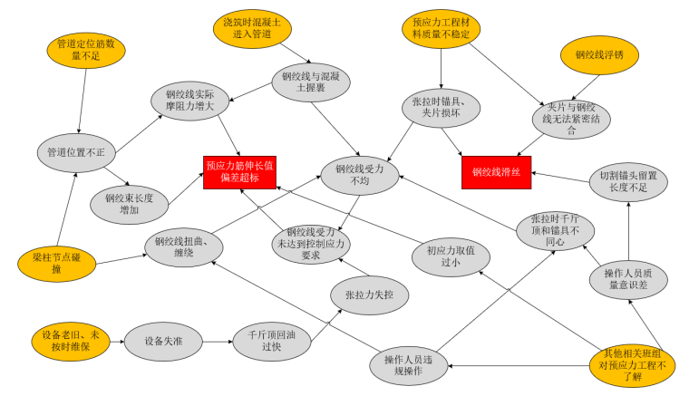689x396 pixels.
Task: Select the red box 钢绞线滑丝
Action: click(497, 171)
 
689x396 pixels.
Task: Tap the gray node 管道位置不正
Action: click(76, 151)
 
